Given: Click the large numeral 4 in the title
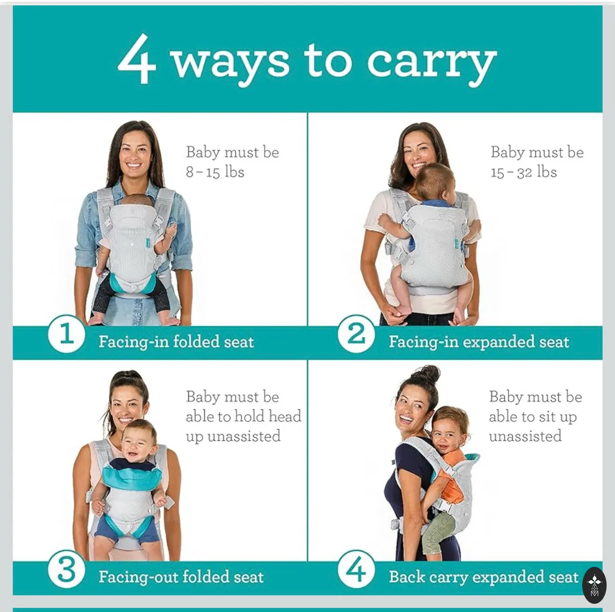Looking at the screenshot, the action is [x=137, y=59].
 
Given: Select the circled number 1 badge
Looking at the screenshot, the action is [x=67, y=334].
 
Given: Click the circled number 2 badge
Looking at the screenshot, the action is [x=356, y=334].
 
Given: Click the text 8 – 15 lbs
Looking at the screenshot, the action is [x=215, y=172].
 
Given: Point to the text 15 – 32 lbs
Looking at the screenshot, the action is [x=523, y=172].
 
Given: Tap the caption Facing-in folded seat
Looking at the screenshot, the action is [x=176, y=342].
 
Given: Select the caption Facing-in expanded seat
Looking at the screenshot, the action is [x=479, y=342].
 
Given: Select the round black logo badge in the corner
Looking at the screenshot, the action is [x=594, y=585].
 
